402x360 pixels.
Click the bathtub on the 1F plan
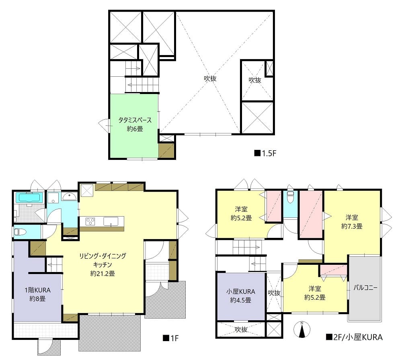point(29,198)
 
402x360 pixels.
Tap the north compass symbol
point(302,329)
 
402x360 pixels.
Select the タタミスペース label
point(135,120)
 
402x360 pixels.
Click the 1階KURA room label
point(37,290)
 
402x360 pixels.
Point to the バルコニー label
point(365,288)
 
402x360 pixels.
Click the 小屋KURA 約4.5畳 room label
point(240,296)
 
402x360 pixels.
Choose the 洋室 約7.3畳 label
point(352,222)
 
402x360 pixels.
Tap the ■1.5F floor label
point(265,153)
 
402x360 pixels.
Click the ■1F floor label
point(170,338)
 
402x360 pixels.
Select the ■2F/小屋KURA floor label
point(354,337)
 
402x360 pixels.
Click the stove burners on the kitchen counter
point(90,221)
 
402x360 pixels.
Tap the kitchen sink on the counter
point(111,221)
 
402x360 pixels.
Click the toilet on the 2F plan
point(290,197)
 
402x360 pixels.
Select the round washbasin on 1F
point(69,197)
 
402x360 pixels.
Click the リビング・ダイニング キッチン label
point(103,260)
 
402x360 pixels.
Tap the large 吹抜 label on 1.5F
point(210,78)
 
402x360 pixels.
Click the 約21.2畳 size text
point(103,273)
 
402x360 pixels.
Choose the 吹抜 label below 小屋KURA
point(241,329)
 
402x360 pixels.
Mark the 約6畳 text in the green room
point(135,129)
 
